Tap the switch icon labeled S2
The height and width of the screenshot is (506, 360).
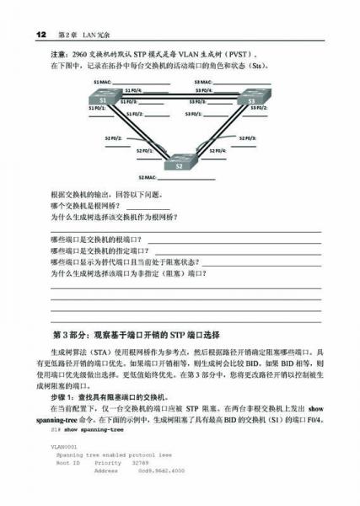point(178,164)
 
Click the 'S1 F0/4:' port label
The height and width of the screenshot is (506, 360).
point(133,89)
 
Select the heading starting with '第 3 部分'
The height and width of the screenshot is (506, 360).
point(136,335)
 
